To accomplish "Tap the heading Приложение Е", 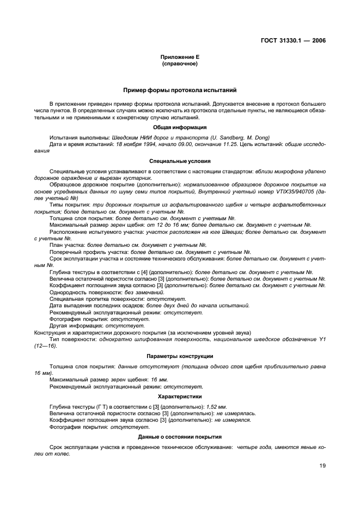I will point(180,57).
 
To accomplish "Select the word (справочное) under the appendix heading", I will point(180,64).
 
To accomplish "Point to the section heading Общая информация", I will point(180,127).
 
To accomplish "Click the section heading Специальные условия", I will point(180,161).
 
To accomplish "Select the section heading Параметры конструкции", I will point(180,356).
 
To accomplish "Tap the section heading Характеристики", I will point(180,397).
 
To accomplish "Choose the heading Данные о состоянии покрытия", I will point(180,437).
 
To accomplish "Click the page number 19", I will point(322,466).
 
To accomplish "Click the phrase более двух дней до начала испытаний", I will point(199,306).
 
